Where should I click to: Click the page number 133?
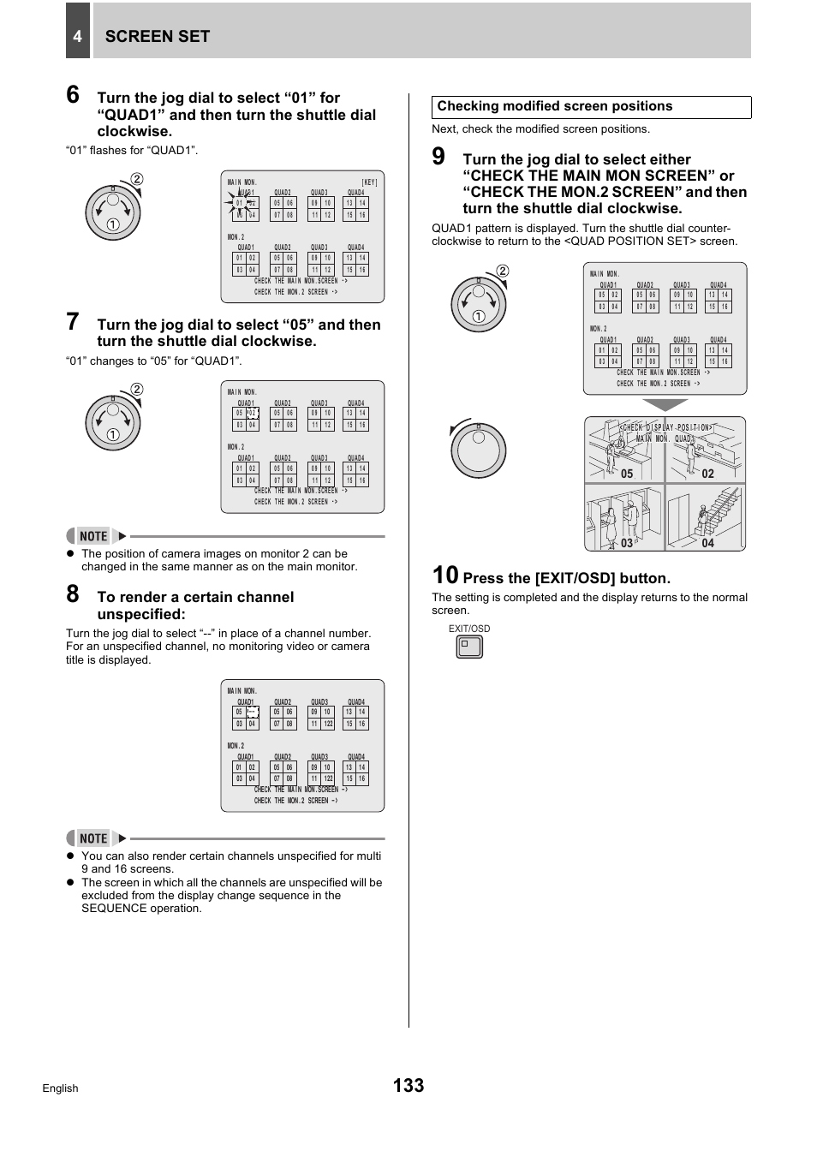(408, 1085)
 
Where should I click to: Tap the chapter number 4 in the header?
(77, 36)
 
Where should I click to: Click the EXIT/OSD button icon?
(469, 647)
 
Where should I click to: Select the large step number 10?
(445, 576)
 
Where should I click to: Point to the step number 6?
(73, 94)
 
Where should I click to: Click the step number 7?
(73, 322)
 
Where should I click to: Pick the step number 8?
(73, 593)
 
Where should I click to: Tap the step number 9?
(438, 156)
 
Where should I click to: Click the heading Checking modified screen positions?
(554, 106)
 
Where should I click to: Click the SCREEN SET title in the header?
(157, 36)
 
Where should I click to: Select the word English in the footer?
(60, 1088)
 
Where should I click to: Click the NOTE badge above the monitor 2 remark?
(93, 536)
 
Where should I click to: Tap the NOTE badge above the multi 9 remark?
(93, 838)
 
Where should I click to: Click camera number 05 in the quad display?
(627, 474)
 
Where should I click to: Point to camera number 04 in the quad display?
(707, 543)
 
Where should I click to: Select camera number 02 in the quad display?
(707, 474)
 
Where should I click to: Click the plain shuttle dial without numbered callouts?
(479, 450)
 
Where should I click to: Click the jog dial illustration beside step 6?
(112, 212)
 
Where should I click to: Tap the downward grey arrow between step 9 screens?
(665, 405)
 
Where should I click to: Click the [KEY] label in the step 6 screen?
(369, 182)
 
